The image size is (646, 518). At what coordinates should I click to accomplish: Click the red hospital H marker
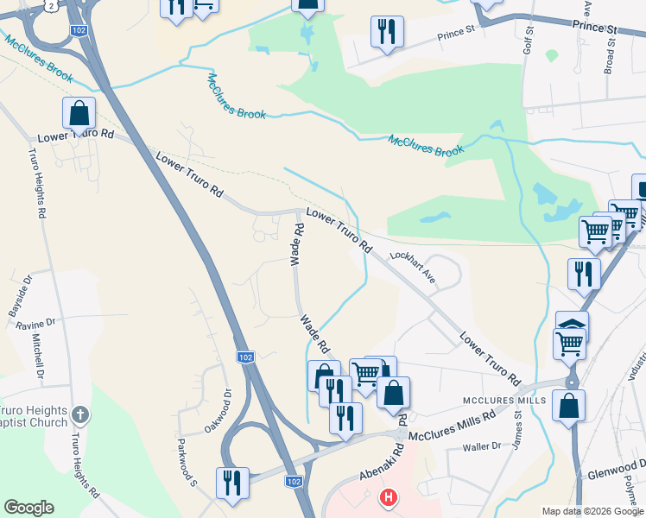[389, 497]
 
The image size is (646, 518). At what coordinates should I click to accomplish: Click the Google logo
[28, 508]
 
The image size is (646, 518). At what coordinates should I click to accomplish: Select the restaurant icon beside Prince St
[386, 32]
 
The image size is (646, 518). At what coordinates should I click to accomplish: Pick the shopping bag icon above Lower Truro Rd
[79, 113]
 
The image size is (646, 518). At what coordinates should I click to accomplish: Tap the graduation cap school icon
[572, 326]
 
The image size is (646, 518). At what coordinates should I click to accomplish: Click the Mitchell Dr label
[38, 359]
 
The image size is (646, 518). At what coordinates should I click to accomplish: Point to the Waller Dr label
[482, 446]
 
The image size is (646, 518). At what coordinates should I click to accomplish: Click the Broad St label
[610, 53]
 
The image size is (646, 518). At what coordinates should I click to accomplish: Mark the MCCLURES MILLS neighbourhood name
[504, 401]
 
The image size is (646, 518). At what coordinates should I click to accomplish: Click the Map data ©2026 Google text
[592, 511]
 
